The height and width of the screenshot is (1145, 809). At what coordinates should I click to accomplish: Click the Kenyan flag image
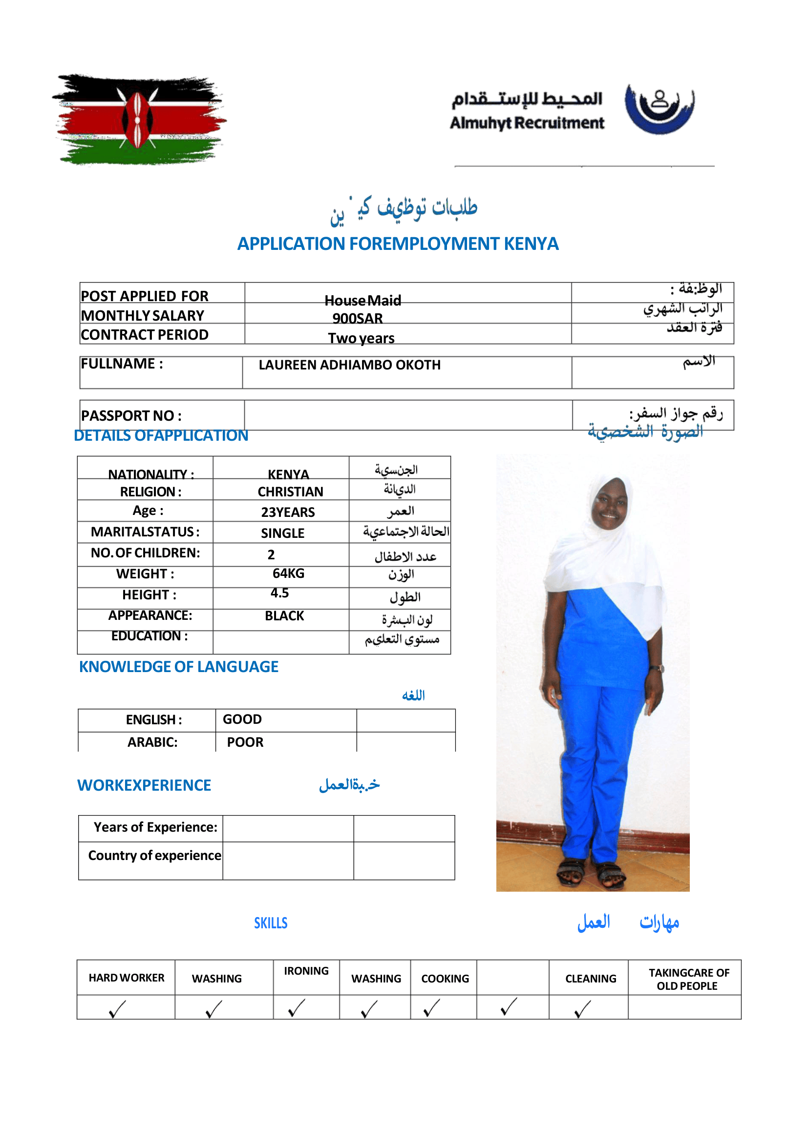pos(139,119)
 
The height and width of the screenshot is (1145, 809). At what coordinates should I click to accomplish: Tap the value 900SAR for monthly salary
pos(357,318)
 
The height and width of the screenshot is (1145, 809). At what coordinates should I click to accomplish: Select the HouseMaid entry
pos(362,300)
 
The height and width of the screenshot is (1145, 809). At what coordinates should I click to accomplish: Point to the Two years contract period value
pos(361,338)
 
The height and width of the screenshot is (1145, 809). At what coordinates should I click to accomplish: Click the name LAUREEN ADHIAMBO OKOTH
pos(349,365)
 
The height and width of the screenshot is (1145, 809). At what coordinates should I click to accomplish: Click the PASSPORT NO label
pos(131,415)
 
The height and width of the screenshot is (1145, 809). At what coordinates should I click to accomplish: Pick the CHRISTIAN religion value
pos(290,491)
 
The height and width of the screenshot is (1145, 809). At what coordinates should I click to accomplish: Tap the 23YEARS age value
pos(287,512)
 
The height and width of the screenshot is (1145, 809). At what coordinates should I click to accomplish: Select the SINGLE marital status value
pos(282,533)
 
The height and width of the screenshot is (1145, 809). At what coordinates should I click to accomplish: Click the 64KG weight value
pos(288,573)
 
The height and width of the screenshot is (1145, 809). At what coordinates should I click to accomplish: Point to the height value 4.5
pos(279,593)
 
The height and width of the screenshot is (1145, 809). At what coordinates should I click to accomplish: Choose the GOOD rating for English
pos(242,719)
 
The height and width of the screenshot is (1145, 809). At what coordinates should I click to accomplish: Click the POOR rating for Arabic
pos(245,742)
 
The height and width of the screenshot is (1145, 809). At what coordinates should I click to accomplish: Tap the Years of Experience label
pos(155,827)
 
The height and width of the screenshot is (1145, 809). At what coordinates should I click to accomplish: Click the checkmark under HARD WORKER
pos(117,1009)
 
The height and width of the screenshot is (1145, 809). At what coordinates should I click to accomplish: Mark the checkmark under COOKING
pos(431,1008)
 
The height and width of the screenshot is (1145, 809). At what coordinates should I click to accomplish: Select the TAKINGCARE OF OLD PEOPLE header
pos(688,979)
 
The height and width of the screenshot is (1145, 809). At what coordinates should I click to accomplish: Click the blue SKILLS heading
pos(271,923)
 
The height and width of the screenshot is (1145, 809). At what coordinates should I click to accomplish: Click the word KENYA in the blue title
pos(531,244)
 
